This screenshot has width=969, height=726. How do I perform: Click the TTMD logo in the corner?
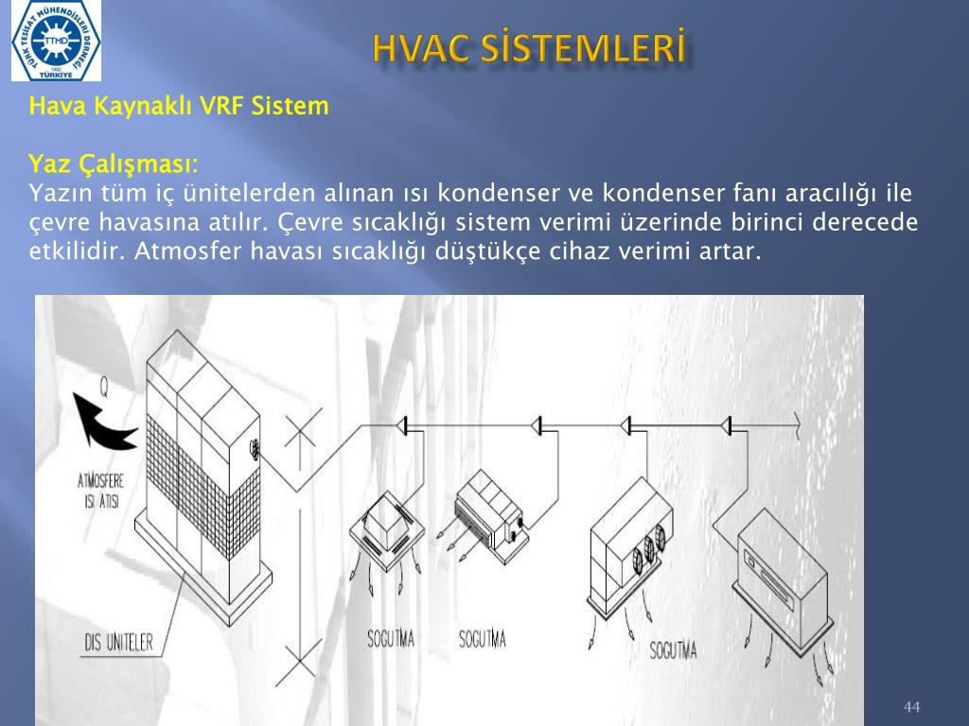pyautogui.click(x=56, y=41)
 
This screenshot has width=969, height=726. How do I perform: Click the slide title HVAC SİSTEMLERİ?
pyautogui.click(x=530, y=48)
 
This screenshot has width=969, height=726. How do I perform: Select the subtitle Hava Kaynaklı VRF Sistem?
pyautogui.click(x=179, y=106)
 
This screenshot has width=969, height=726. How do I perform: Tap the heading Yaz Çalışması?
pyautogui.click(x=114, y=164)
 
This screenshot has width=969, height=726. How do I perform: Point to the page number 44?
pyautogui.click(x=911, y=706)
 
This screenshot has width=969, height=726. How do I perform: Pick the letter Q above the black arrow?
pyautogui.click(x=104, y=387)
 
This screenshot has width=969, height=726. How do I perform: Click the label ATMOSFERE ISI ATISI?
pyautogui.click(x=100, y=491)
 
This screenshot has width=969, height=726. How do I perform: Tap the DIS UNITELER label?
pyautogui.click(x=118, y=643)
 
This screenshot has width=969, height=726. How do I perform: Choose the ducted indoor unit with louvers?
pyautogui.click(x=491, y=516)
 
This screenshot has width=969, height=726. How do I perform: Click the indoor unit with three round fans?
pyautogui.click(x=629, y=546)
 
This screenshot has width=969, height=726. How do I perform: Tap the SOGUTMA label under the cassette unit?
pyautogui.click(x=391, y=638)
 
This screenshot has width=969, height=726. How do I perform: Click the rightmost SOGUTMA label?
pyautogui.click(x=673, y=650)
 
